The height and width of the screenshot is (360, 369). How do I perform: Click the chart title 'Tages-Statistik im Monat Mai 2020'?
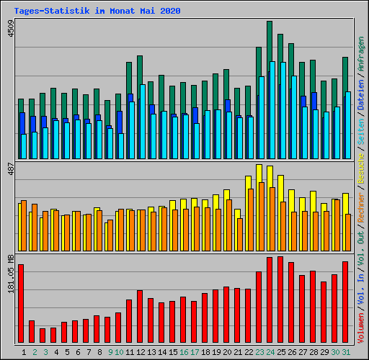(x=97, y=12)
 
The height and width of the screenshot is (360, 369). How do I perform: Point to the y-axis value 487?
(x=9, y=170)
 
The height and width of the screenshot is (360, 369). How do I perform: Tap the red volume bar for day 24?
(x=270, y=300)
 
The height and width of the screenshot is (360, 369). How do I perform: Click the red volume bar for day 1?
(x=21, y=303)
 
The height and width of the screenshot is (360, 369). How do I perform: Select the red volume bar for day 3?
(x=43, y=335)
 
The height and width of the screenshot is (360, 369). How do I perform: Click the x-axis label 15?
(x=172, y=351)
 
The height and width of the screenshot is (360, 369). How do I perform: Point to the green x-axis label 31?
(x=346, y=351)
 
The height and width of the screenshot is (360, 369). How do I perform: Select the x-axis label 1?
(x=25, y=351)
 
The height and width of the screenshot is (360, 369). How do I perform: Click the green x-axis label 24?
(x=270, y=351)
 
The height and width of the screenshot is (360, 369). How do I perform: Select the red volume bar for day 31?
(x=345, y=302)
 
